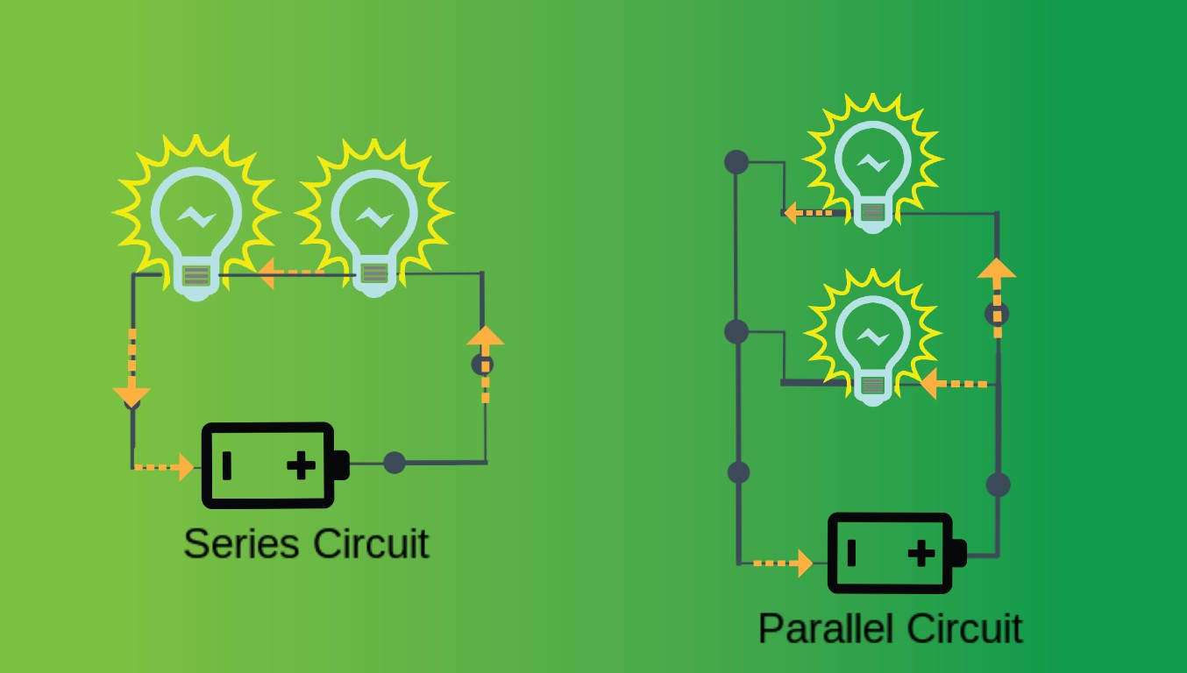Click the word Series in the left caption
(x=242, y=543)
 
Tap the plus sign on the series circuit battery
(x=302, y=465)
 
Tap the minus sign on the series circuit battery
(x=227, y=465)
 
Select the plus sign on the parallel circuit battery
(x=920, y=554)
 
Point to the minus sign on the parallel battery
(x=851, y=554)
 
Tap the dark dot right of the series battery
(x=394, y=463)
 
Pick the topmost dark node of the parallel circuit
(x=736, y=162)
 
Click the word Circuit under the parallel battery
(x=963, y=628)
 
